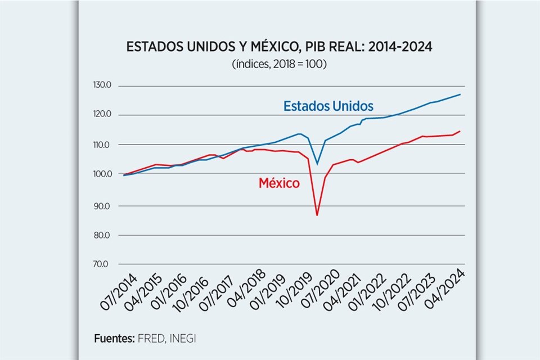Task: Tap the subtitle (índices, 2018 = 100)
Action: click(x=279, y=64)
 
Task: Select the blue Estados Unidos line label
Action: click(x=328, y=106)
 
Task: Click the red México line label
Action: click(x=279, y=183)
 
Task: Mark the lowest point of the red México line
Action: click(x=317, y=215)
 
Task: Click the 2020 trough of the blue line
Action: click(x=317, y=164)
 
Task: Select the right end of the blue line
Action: click(x=460, y=94)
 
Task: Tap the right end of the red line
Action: click(x=460, y=131)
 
